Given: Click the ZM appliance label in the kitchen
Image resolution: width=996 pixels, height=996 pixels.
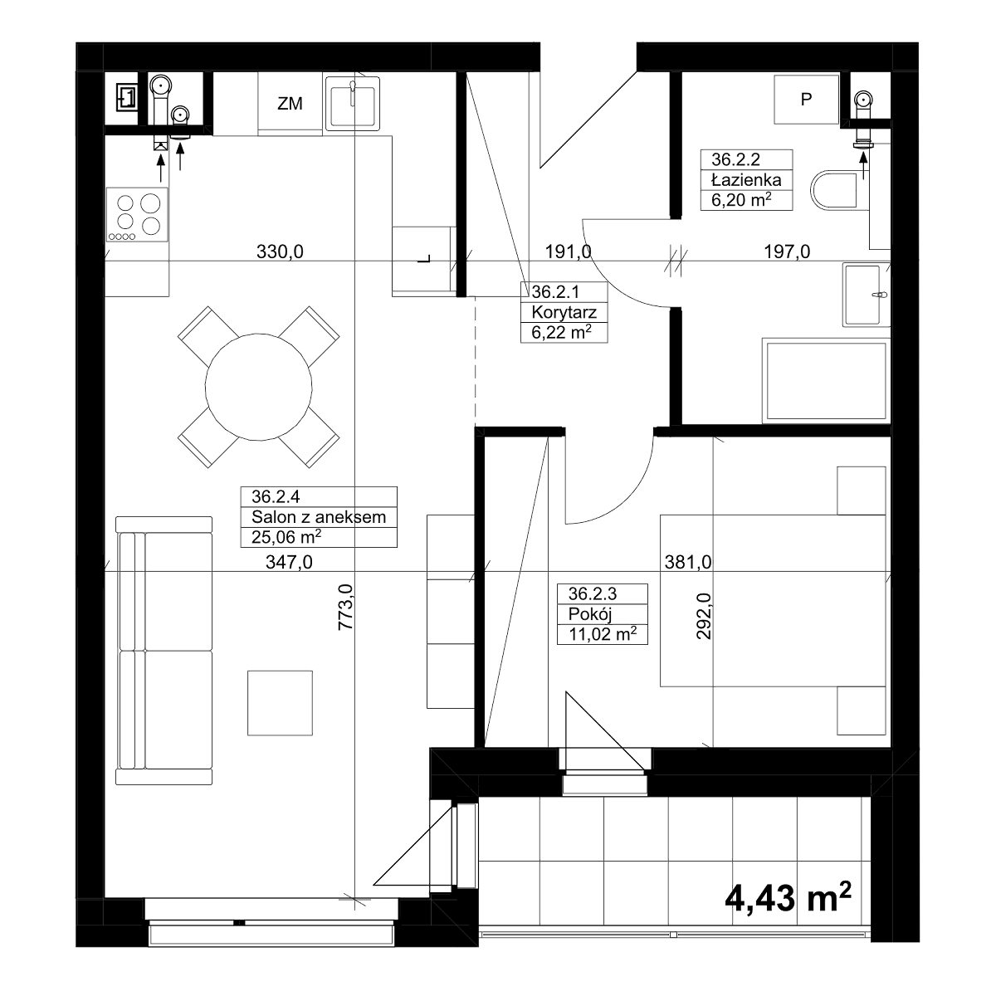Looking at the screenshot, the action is point(290,104).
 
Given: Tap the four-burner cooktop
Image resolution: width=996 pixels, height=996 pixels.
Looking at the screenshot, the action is point(138,214).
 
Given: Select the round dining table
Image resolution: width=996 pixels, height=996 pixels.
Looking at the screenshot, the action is point(258,387).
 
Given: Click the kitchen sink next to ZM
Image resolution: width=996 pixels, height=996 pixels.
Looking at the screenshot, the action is point(353,104).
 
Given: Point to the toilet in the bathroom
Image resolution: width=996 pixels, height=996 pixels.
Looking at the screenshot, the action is point(833,190).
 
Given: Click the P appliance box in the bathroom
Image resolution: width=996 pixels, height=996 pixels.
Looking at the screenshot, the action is point(806,100).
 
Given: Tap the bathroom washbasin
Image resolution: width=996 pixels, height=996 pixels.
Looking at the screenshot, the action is point(866,295).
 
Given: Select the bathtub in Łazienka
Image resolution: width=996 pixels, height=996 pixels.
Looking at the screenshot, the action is point(826,381).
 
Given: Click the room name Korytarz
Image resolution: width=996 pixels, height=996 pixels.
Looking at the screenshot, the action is point(564,312).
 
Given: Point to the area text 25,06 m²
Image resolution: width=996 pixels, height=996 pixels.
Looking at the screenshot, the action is point(286,537).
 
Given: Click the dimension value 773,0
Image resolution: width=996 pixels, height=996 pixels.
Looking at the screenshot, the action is point(345,607).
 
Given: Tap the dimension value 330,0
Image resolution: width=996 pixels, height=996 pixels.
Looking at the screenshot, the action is point(280,251).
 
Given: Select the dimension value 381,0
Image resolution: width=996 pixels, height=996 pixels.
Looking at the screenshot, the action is point(688,562).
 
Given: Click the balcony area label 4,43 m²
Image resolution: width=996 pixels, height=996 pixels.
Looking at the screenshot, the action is point(788,898).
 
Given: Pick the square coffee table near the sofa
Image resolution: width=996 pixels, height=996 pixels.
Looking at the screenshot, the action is point(280,703).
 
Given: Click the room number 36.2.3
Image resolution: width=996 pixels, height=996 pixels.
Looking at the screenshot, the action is point(593,593).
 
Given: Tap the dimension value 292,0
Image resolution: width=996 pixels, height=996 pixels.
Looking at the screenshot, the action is point(704,616).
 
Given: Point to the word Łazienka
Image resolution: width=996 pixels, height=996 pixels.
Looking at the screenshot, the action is point(746,180).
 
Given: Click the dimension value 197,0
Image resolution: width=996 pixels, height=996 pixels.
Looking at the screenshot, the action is point(787,251).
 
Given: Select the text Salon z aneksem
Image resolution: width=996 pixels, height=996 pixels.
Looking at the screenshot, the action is point(319,517).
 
